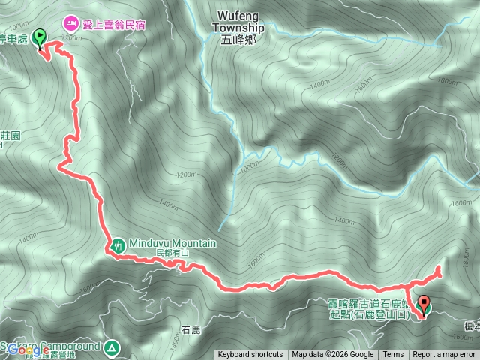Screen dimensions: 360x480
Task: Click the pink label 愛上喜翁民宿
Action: [114, 24]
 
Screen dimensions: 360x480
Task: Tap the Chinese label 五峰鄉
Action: [238, 40]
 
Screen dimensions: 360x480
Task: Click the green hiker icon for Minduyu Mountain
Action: [118, 244]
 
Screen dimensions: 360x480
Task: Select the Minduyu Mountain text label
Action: [172, 244]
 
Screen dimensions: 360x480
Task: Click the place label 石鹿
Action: [191, 328]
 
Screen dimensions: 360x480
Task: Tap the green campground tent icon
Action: [111, 347]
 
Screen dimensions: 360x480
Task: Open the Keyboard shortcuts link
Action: [250, 355]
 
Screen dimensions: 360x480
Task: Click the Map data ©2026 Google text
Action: [333, 355]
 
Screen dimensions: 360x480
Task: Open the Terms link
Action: [393, 355]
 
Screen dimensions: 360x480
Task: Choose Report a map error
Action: [444, 355]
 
